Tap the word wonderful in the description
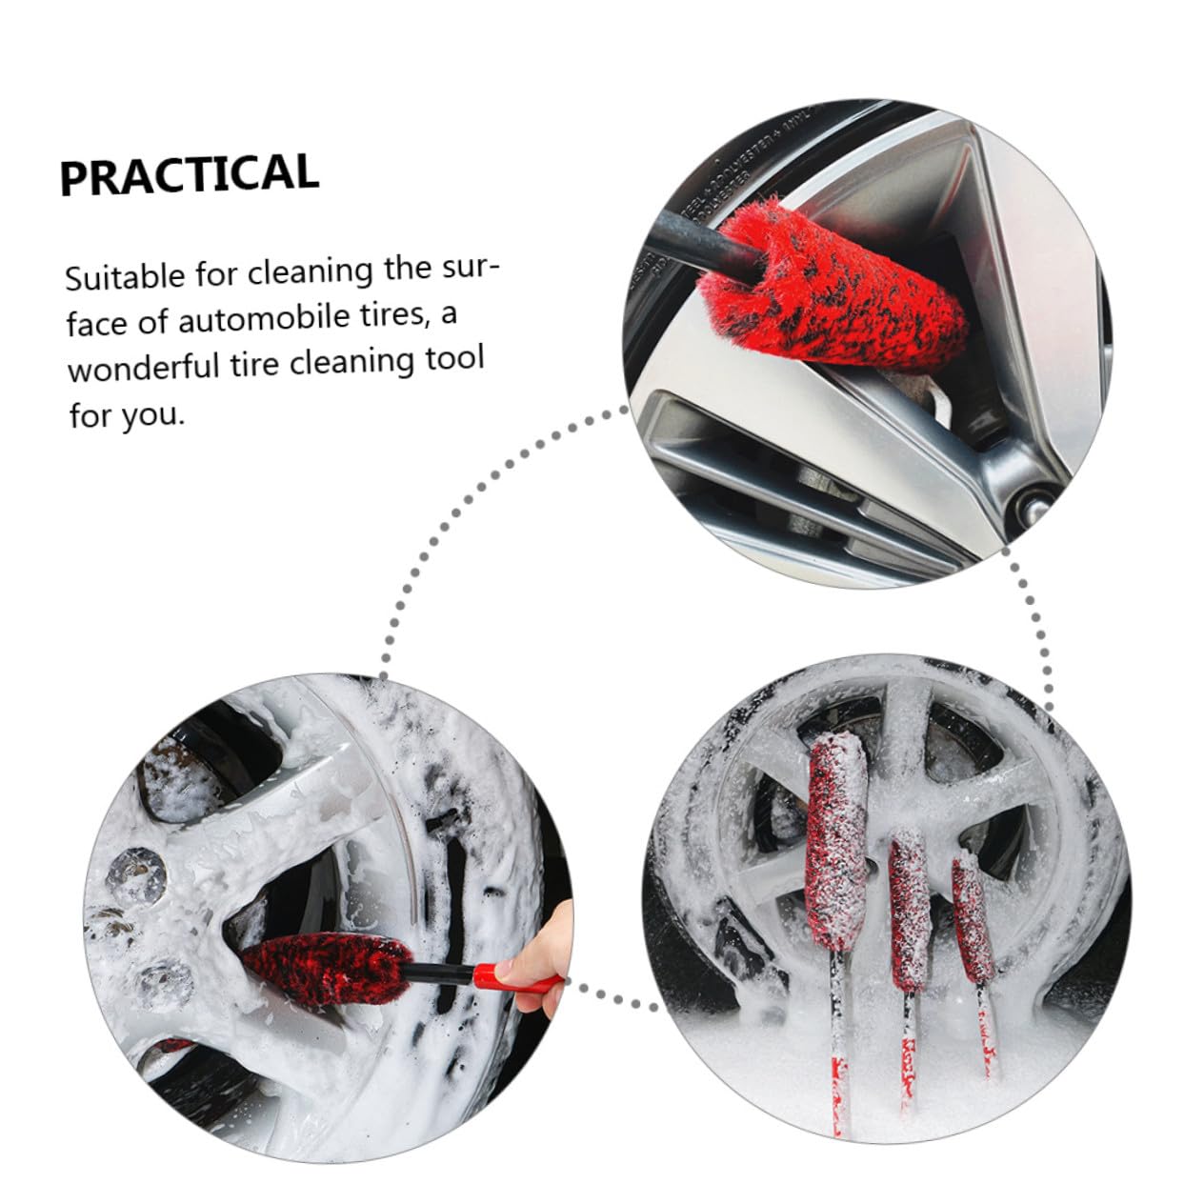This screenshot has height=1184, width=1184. click(x=143, y=368)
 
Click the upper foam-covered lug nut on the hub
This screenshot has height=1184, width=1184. click(x=134, y=875)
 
